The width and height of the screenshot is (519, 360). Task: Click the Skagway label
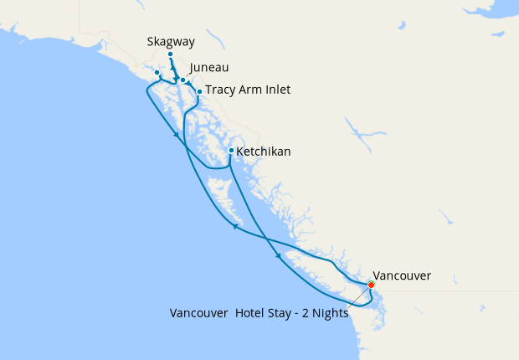tap(170, 40)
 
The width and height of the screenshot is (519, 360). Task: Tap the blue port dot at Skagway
tap(170, 55)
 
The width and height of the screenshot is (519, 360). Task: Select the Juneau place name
tap(209, 67)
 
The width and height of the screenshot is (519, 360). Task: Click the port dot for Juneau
tap(183, 80)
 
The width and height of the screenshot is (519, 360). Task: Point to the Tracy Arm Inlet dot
tap(199, 91)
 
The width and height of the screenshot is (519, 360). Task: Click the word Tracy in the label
tap(223, 90)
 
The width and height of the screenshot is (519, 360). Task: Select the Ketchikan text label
tap(264, 152)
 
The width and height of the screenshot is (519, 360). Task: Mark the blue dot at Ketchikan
tap(231, 151)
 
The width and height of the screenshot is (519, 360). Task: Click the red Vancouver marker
tap(371, 285)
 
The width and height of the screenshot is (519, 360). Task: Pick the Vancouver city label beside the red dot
tap(402, 275)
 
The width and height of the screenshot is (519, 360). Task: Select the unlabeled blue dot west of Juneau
tap(157, 73)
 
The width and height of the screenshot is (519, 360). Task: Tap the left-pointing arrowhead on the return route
tap(235, 225)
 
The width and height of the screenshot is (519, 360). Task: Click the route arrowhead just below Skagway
tap(173, 70)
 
